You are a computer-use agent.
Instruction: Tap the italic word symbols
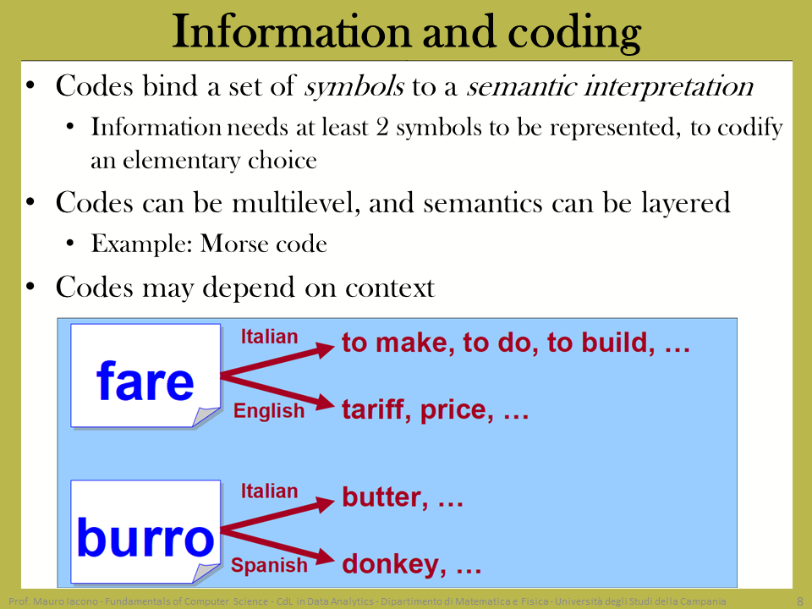pyautogui.click(x=354, y=86)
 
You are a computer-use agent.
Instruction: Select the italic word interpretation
pyautogui.click(x=668, y=86)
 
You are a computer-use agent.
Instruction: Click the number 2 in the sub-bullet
pyautogui.click(x=382, y=128)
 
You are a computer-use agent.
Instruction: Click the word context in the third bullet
pyautogui.click(x=390, y=288)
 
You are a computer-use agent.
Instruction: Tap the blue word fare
pyautogui.click(x=145, y=381)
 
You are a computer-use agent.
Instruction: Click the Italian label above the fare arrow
pyautogui.click(x=269, y=337)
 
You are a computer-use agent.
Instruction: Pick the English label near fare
pyautogui.click(x=269, y=411)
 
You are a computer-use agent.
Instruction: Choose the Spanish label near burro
pyautogui.click(x=269, y=565)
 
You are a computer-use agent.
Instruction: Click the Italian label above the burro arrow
pyautogui.click(x=269, y=491)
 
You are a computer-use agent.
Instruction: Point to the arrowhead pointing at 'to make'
pyautogui.click(x=324, y=349)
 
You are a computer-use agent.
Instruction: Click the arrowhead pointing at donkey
pyautogui.click(x=324, y=557)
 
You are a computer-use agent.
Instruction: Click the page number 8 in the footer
pyautogui.click(x=800, y=601)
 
